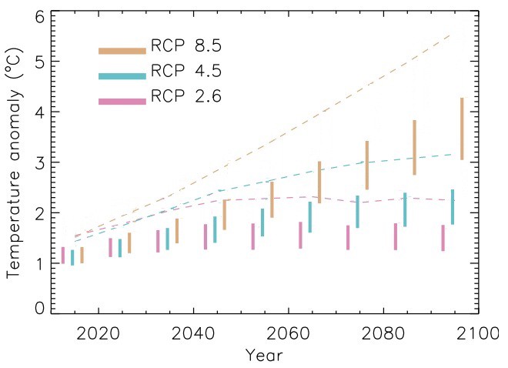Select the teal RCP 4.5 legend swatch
(x=122, y=75)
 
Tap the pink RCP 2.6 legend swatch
(x=122, y=101)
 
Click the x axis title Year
(x=263, y=356)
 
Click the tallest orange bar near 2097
(x=461, y=129)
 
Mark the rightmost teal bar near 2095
(x=453, y=207)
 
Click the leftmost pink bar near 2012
(x=63, y=255)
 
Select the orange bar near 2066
(x=319, y=193)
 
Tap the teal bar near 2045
(x=215, y=229)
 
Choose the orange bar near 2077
(x=366, y=165)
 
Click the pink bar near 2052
(x=253, y=236)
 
